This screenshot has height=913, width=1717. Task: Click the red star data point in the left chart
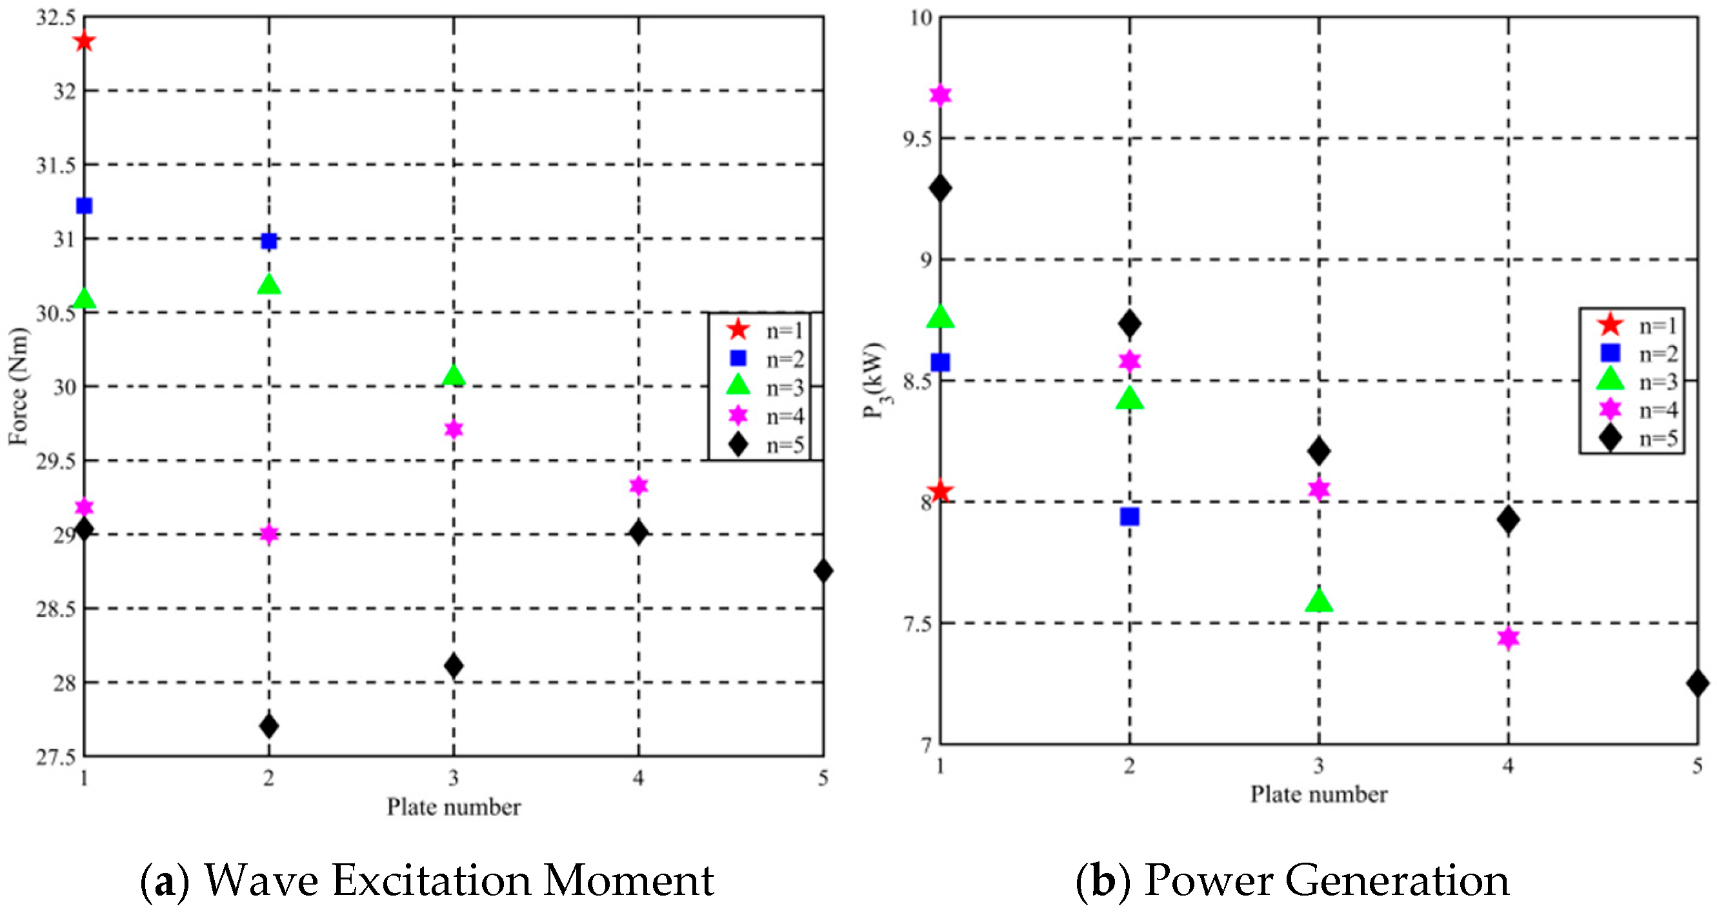point(85,42)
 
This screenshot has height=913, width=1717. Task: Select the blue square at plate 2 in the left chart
point(268,241)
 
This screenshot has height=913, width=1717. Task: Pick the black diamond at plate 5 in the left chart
point(823,570)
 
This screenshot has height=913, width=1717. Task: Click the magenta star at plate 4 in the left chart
point(639,485)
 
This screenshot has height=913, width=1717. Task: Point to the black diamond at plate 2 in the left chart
point(268,725)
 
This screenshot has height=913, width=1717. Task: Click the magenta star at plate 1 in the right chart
point(941,95)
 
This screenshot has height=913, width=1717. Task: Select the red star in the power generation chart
point(941,492)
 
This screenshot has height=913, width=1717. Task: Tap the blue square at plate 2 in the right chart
point(1130,516)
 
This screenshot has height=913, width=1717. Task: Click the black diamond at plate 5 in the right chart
point(1697,683)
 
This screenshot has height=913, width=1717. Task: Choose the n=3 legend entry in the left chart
point(767,386)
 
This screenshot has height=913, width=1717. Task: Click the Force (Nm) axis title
point(19,386)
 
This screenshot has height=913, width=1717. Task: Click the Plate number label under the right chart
point(1318,794)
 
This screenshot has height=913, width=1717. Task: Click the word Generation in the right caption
point(1396,880)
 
